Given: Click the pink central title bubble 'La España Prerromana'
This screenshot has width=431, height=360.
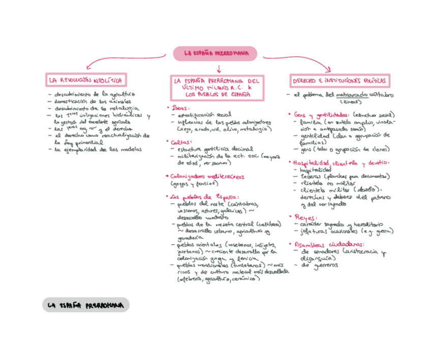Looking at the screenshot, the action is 215,53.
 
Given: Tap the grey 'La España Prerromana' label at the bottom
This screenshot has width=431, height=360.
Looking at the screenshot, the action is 85,305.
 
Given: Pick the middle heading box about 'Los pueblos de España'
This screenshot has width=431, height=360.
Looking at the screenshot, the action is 216,87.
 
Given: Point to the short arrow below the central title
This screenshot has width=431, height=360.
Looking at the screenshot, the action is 219,69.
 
